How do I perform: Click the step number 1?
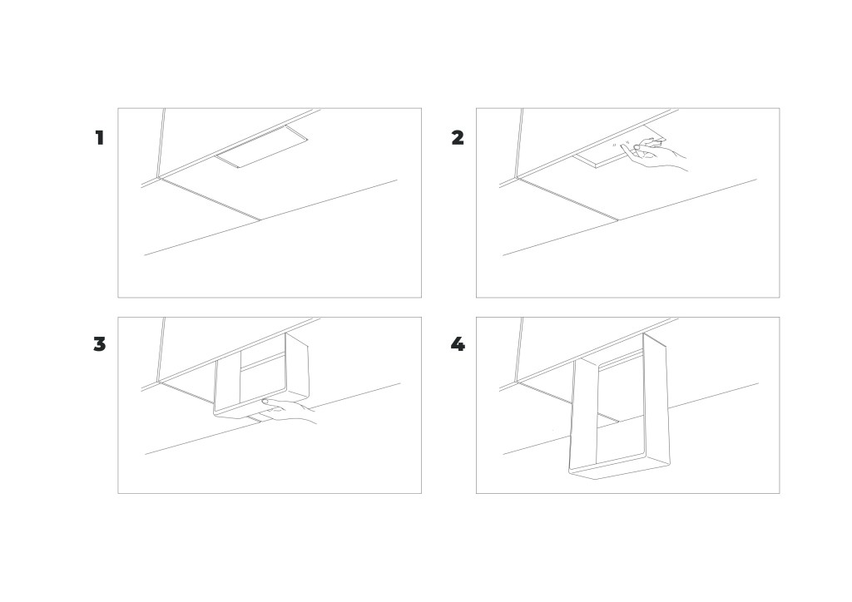click(100, 138)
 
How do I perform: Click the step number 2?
click(458, 138)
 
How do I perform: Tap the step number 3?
click(100, 344)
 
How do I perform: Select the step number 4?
click(458, 344)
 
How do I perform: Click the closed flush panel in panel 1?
click(262, 146)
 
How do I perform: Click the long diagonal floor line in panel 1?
click(270, 217)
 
